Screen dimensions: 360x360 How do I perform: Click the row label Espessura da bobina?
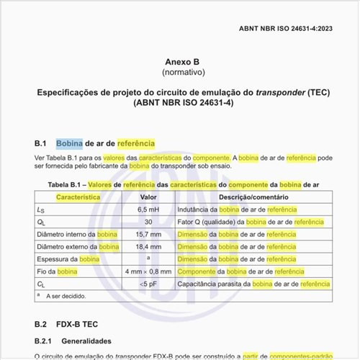pos(68,259)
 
